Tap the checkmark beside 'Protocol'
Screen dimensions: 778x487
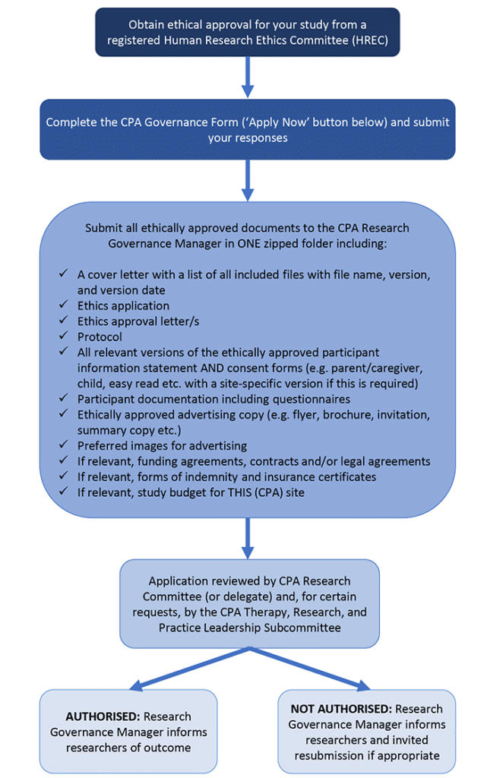(64, 337)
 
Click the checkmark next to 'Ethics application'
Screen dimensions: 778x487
(64, 305)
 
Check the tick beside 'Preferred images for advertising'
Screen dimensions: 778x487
(64, 446)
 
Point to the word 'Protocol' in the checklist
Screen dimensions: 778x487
(100, 337)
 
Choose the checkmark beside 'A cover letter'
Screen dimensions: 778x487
(64, 274)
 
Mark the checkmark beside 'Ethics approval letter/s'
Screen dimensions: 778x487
(64, 321)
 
